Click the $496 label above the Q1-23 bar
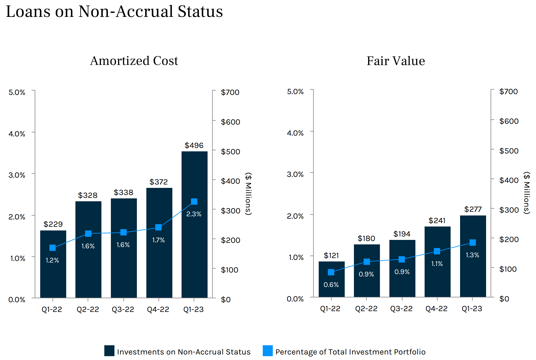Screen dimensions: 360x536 coord(194,145)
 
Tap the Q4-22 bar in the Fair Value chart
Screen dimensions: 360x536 coord(437,276)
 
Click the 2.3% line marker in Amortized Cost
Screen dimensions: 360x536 coord(194,202)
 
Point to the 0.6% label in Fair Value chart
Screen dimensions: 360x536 coord(331,285)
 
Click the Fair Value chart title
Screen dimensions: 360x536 coord(396,61)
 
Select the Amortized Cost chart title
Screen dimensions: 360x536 coord(134,61)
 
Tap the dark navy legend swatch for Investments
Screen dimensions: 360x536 coord(109,351)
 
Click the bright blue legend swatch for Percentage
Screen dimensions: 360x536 coord(268,351)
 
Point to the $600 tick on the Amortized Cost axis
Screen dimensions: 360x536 coord(230,122)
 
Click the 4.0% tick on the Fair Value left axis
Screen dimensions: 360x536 coord(295,133)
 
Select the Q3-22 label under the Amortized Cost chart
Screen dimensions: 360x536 coord(123,309)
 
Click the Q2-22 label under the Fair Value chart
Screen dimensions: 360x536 coord(366,308)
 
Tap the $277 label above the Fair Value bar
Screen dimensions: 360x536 coord(473,209)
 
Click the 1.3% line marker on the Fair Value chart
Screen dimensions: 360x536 coord(473,243)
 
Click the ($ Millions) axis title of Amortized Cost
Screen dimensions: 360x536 coord(249,194)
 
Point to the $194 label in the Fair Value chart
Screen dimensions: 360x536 coord(402,234)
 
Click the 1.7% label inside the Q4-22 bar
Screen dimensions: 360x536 coord(158,240)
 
